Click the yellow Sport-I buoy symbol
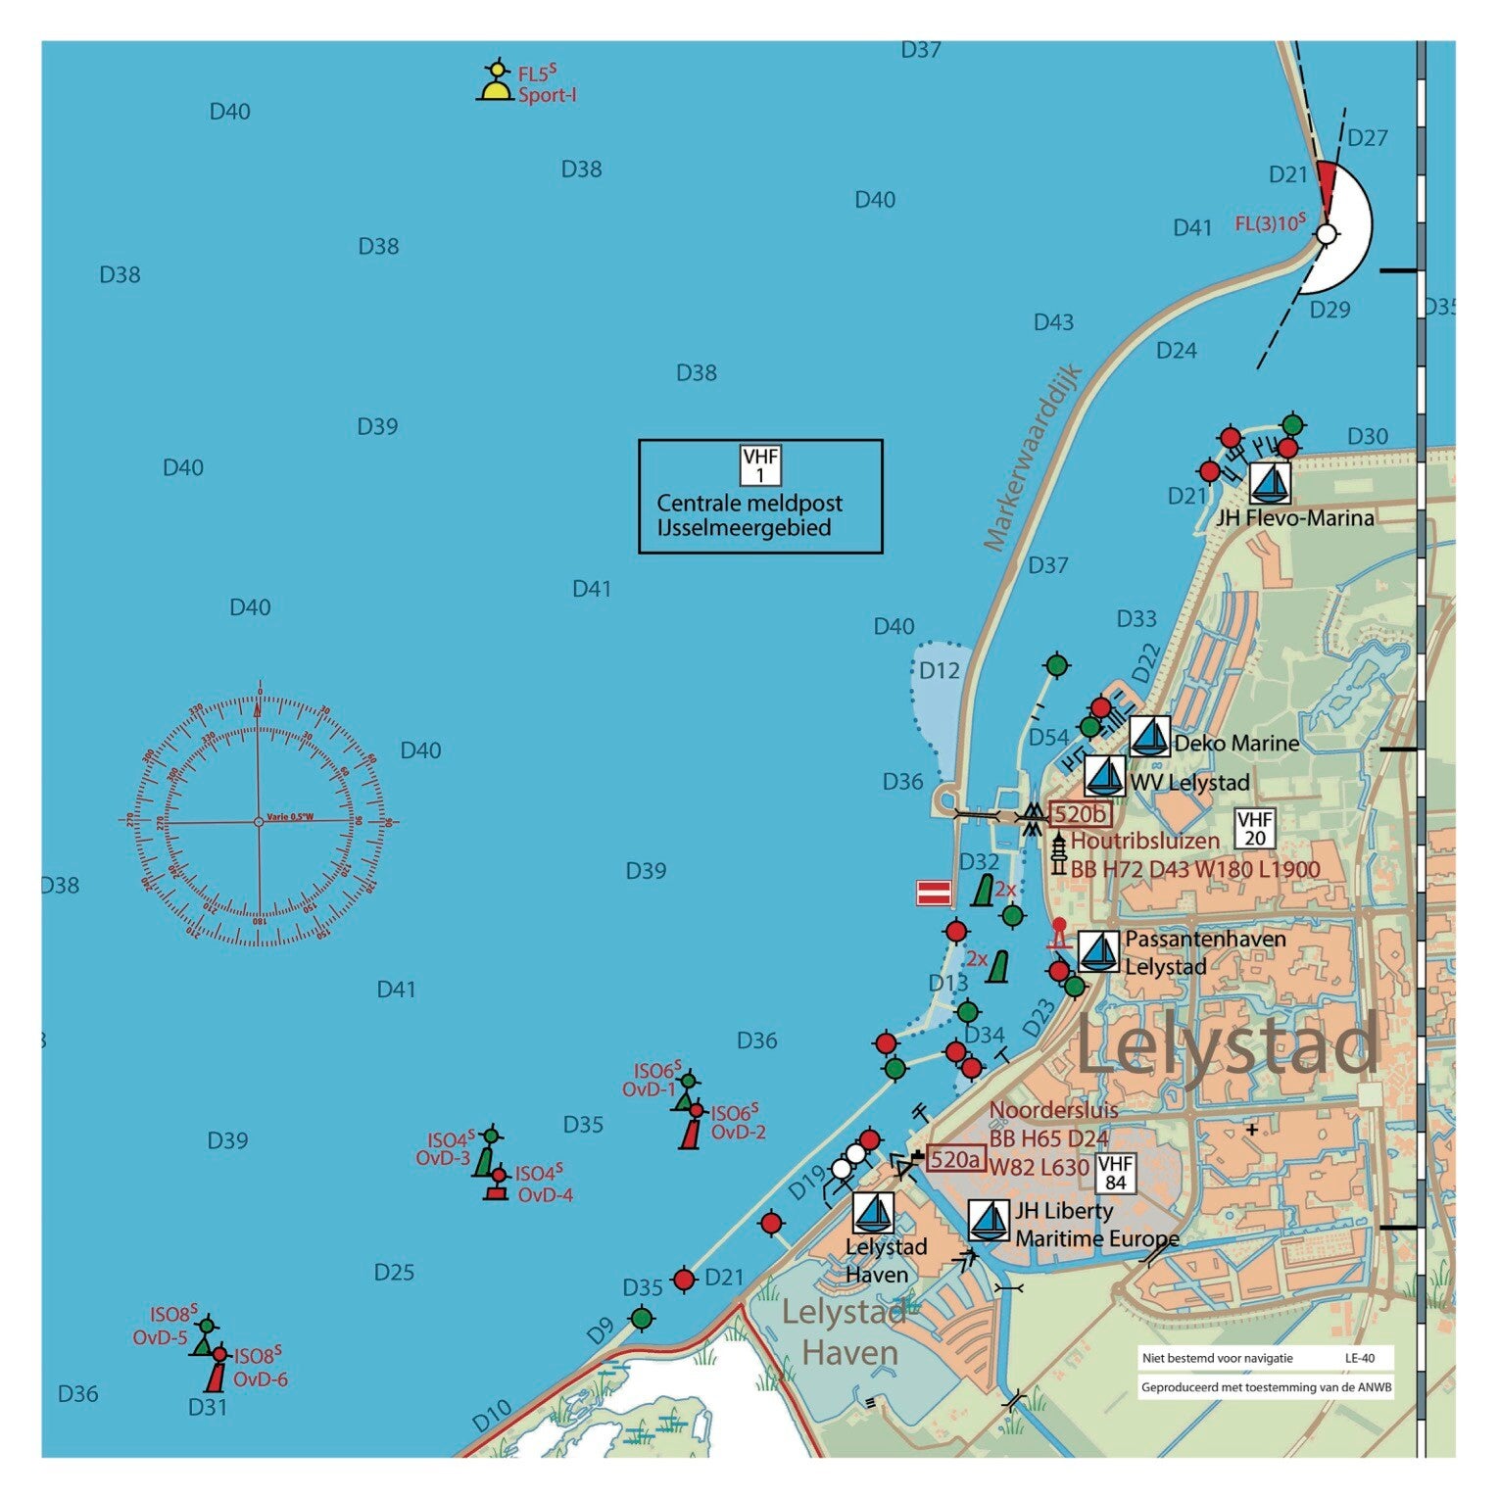click(497, 84)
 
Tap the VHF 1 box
click(760, 465)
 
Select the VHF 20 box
click(1254, 828)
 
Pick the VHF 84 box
click(1115, 1173)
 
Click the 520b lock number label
click(1080, 814)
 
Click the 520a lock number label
click(954, 1160)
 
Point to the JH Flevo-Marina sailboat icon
click(1270, 483)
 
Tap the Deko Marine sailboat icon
click(1149, 736)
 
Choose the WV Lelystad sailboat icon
click(1105, 776)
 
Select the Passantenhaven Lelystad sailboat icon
click(1098, 951)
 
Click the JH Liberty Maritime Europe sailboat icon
click(990, 1221)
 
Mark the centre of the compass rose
click(260, 821)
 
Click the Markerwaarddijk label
click(1031, 458)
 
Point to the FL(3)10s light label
click(1270, 223)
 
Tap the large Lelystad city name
click(1229, 1046)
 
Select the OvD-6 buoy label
click(260, 1379)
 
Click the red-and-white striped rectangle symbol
click(934, 893)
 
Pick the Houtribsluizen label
click(1144, 841)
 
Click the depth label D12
click(939, 671)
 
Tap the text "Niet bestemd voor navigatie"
click(1217, 1358)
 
